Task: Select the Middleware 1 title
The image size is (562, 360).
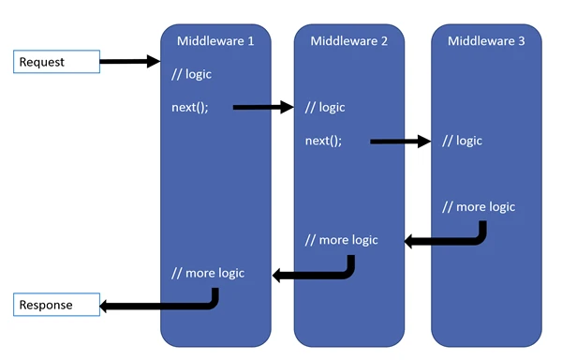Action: pos(215,40)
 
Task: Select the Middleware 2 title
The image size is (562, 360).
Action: pos(349,40)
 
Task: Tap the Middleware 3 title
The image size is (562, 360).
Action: pos(486,40)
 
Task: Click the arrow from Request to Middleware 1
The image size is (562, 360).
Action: pos(129,62)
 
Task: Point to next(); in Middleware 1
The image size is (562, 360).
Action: pos(189,107)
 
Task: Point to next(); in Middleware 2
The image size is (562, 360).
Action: pos(323,141)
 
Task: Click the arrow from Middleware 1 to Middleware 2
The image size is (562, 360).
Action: pos(262,107)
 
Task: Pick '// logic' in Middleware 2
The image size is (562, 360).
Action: pos(325,107)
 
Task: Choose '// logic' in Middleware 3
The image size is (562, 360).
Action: pos(462,141)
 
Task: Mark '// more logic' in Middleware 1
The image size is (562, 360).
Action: pos(207,273)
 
